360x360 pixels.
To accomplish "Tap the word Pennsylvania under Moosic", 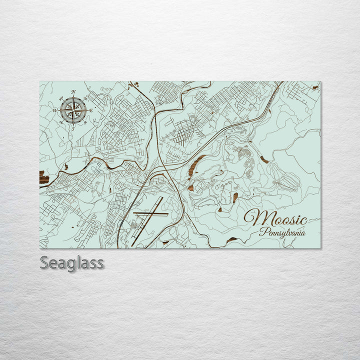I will pos(282,232).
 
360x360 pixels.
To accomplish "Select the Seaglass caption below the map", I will pos(72,262).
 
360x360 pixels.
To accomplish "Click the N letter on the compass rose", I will pos(73,92).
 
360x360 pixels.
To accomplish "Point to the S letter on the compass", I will pos(73,129).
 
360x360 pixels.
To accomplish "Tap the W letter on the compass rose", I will pos(55,110).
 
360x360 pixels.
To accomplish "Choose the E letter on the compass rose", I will pos(91,110).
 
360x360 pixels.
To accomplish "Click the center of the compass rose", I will pos(73,110).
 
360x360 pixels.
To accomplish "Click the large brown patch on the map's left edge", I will pos(44,178).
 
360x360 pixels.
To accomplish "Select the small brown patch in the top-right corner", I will pos(315,87).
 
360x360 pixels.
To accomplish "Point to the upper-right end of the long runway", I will pos(162,197).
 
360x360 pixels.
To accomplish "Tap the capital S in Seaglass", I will pos(44,262).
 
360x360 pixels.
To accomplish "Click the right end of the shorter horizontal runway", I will pos(167,214).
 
